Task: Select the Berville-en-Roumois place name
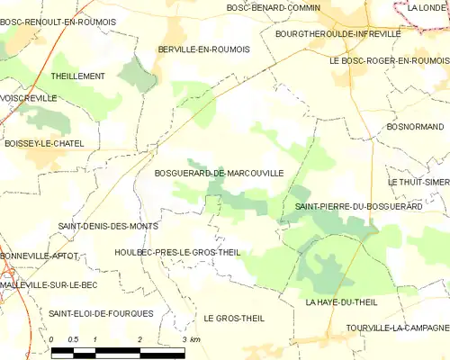(x=203, y=49)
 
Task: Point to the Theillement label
(x=78, y=76)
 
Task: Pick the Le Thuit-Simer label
(x=418, y=181)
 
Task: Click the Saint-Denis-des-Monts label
(x=108, y=226)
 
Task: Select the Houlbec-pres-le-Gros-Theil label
(x=177, y=252)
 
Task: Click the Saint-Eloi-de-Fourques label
(x=101, y=312)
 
